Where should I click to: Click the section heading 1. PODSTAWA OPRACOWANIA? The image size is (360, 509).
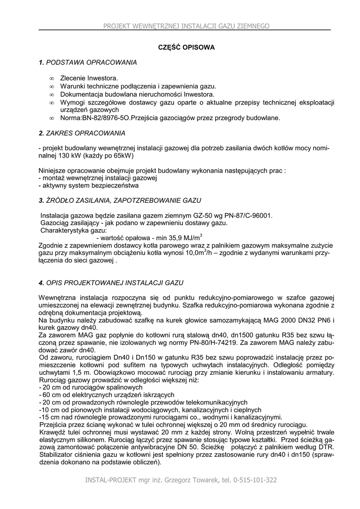pos(88,63)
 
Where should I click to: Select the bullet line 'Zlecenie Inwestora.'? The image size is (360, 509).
pos(89,79)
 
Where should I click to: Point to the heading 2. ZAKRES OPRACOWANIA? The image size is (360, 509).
pos(82,133)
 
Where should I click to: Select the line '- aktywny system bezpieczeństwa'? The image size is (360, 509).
pos(89,185)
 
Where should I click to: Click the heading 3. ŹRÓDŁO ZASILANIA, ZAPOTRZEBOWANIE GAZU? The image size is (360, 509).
pos(120,200)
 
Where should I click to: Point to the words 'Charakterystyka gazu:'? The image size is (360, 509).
pos(74,231)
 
